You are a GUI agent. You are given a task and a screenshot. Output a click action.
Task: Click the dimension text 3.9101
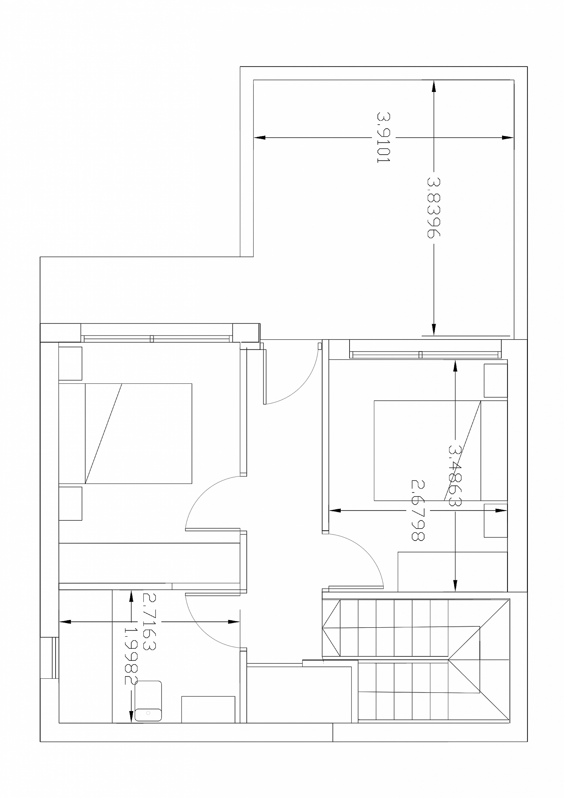tap(384, 137)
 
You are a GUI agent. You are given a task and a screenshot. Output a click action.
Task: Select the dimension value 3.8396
tap(433, 208)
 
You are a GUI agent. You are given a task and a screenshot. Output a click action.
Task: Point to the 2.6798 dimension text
tap(418, 511)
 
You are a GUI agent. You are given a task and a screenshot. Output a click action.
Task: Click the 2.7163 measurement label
tap(150, 622)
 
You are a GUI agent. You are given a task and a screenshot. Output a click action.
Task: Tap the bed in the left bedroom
tap(125, 433)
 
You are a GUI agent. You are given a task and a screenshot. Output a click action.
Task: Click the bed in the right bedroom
tap(441, 450)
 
